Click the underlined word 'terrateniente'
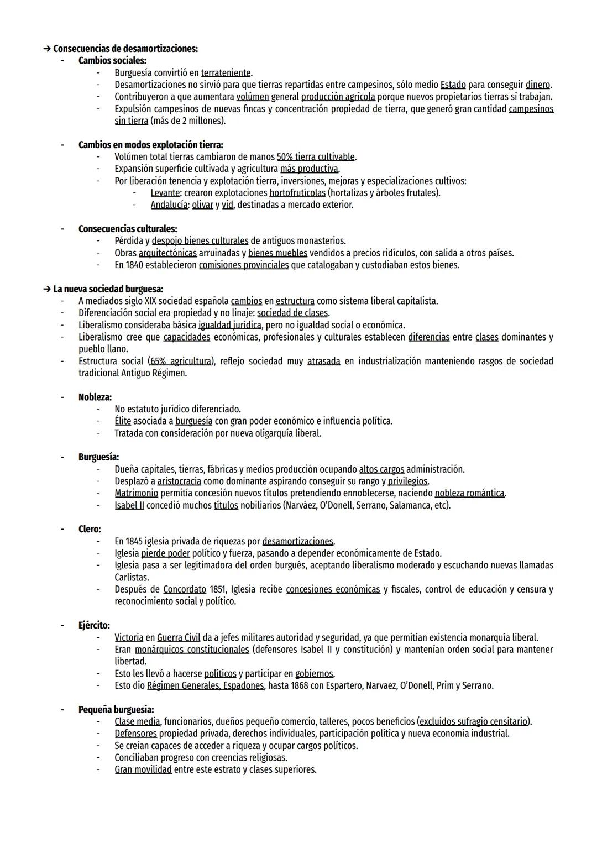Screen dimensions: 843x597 [226, 73]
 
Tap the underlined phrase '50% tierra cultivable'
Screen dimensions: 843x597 [316, 157]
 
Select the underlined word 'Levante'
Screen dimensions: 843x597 [165, 193]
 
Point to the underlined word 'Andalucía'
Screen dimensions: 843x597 [169, 205]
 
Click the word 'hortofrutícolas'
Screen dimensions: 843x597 [297, 193]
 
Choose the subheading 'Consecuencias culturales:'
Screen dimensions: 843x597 [128, 229]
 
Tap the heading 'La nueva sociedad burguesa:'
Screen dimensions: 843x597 [108, 289]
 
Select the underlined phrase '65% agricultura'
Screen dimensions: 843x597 [181, 362]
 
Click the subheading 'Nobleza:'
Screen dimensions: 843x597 [95, 397]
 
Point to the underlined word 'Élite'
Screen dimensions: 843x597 [123, 421]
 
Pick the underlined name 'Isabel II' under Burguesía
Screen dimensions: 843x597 [129, 505]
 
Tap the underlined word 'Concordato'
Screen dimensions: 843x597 [185, 589]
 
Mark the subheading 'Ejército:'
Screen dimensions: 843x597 [94, 626]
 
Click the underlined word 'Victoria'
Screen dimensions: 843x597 [129, 638]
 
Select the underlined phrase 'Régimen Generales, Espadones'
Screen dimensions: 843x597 [206, 686]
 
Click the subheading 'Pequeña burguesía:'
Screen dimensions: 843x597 [116, 710]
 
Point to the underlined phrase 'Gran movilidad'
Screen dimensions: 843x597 [143, 769]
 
